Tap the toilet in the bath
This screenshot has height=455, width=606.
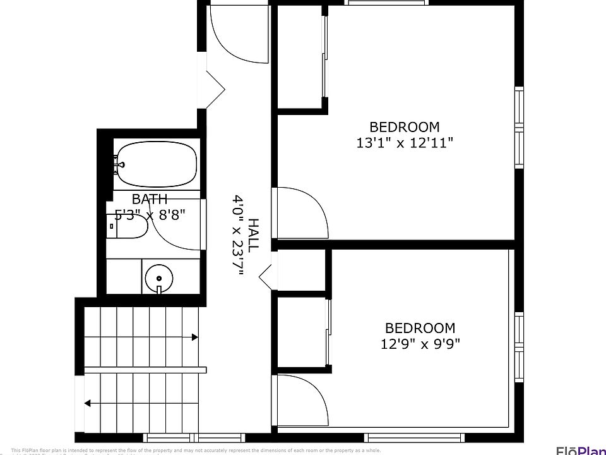point(129,226)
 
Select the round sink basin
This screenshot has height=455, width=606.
point(158,277)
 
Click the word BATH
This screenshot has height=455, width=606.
point(150,199)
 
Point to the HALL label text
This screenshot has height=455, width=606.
point(253,235)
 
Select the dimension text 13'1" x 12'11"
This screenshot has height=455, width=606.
point(405,143)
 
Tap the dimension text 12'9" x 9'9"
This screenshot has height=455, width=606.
point(420,344)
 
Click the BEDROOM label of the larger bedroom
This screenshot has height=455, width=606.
point(405,126)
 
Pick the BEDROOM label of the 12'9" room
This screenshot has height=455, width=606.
point(420,328)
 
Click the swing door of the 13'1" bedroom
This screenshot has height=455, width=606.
point(299,212)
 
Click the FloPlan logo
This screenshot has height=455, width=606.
point(580,449)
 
